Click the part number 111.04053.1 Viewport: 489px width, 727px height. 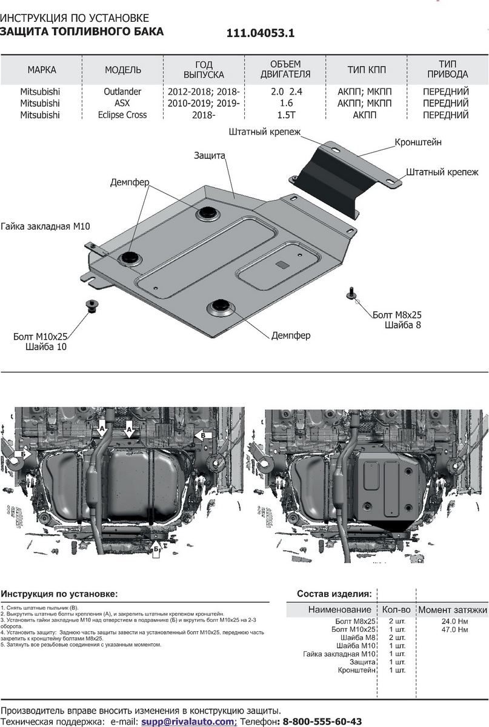click(x=261, y=34)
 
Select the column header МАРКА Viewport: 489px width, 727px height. click(x=42, y=70)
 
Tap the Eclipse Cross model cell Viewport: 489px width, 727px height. click(x=123, y=115)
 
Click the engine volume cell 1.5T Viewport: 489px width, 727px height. click(x=286, y=115)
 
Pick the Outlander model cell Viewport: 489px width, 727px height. click(x=123, y=91)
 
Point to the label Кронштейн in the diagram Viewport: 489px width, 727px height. click(x=418, y=142)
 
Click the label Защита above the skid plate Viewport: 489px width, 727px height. click(x=210, y=156)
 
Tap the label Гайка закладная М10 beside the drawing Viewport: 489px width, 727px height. click(x=45, y=227)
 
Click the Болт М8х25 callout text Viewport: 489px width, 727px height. click(x=397, y=315)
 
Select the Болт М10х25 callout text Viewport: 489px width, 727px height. click(x=41, y=337)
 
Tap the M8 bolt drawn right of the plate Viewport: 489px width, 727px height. click(x=351, y=294)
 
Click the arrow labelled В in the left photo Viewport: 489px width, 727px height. click(x=204, y=435)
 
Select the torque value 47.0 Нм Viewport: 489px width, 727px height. click(x=454, y=629)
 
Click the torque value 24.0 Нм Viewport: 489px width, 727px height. click(x=454, y=622)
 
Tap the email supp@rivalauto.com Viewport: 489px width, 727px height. click(x=188, y=722)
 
